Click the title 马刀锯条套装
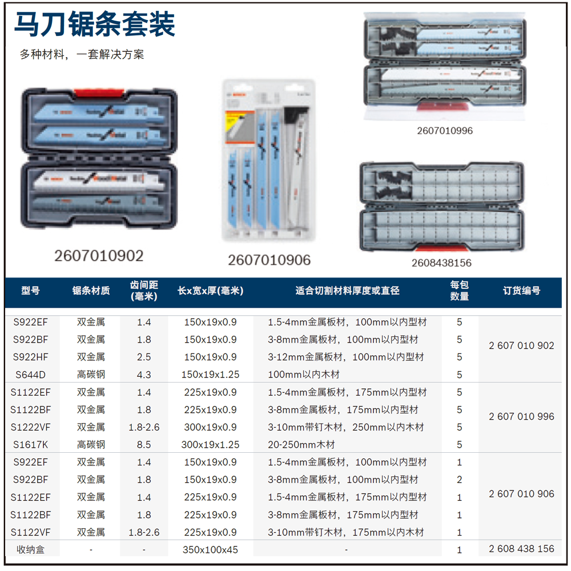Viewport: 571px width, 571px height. pyautogui.click(x=94, y=25)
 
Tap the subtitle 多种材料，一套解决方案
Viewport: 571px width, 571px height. pyautogui.click(x=82, y=55)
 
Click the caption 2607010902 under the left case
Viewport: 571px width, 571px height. pyautogui.click(x=99, y=255)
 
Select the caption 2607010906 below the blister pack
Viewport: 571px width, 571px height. pyautogui.click(x=270, y=260)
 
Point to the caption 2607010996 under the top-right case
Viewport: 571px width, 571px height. pyautogui.click(x=445, y=131)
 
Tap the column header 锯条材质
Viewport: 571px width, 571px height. pyautogui.click(x=91, y=291)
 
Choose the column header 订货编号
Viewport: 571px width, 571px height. pyautogui.click(x=521, y=291)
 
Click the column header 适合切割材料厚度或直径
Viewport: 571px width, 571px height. pyautogui.click(x=347, y=291)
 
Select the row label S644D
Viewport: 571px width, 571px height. pyautogui.click(x=31, y=375)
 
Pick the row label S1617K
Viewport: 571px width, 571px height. pyautogui.click(x=31, y=444)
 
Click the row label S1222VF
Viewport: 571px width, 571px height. pyautogui.click(x=31, y=427)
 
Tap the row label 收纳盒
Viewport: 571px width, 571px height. pyautogui.click(x=31, y=549)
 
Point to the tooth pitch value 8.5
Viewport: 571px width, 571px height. pyautogui.click(x=144, y=444)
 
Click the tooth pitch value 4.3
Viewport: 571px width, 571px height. pyautogui.click(x=144, y=375)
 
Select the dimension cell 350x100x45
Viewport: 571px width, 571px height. pyautogui.click(x=210, y=550)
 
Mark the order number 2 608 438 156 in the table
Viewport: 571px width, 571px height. pyautogui.click(x=521, y=549)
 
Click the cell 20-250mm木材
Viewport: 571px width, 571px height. pyautogui.click(x=301, y=444)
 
